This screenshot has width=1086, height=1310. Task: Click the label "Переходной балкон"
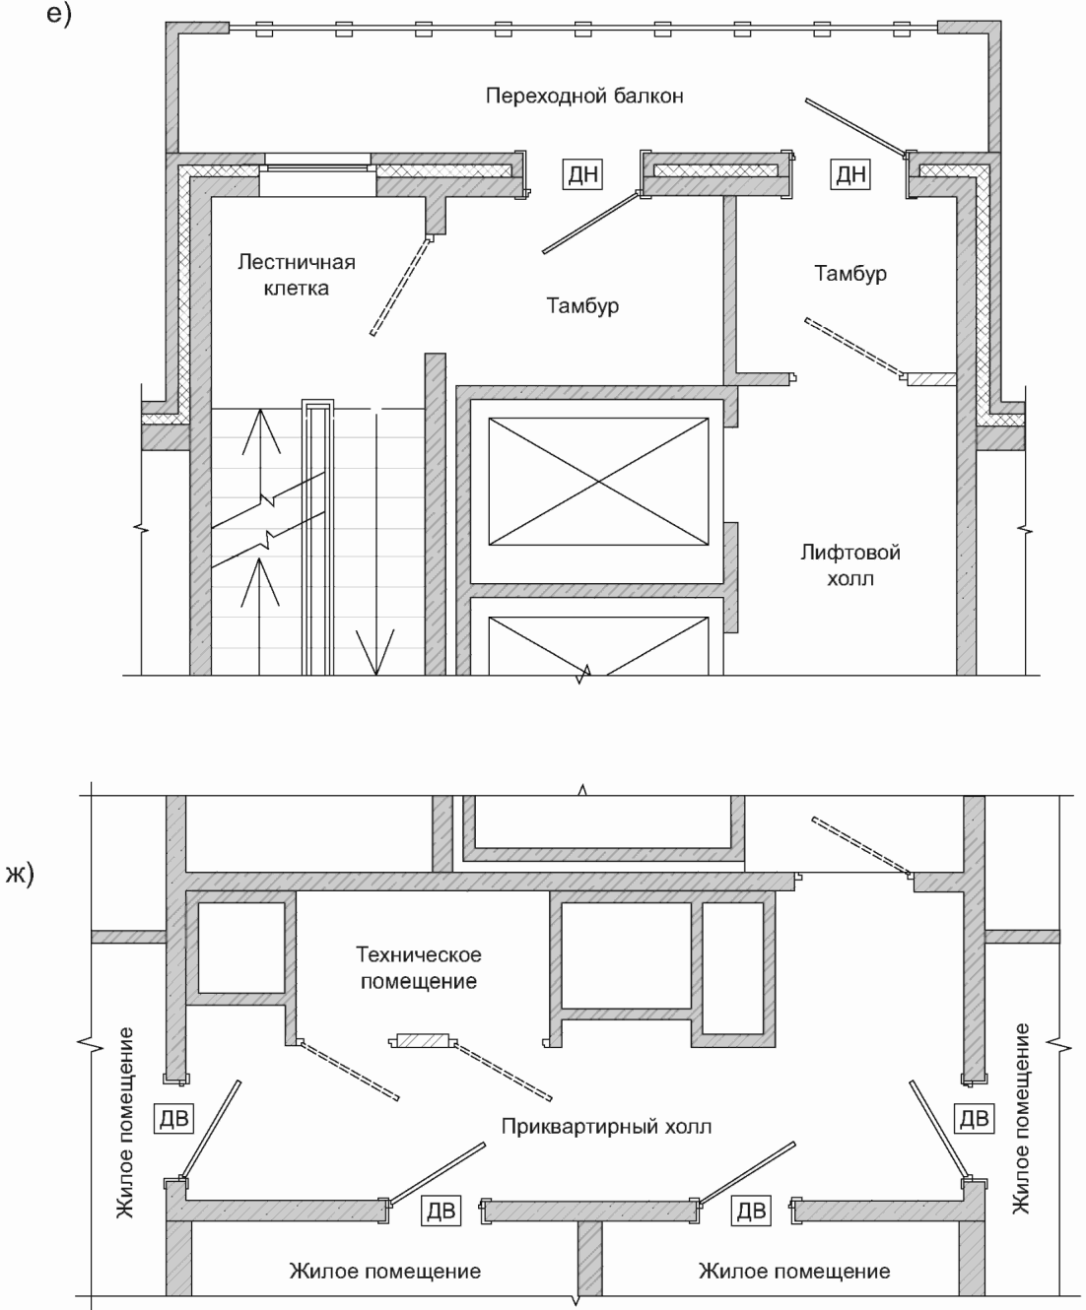coord(584,96)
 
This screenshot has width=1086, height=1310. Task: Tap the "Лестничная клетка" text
coord(297,275)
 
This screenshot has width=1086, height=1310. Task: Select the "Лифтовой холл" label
coord(849,564)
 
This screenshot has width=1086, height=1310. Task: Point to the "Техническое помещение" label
coord(419,967)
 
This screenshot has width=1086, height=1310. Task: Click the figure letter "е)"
coord(59,14)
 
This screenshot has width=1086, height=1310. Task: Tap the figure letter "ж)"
coord(20,874)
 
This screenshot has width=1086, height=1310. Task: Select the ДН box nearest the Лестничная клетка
coord(582,173)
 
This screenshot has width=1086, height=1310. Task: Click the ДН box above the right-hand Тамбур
coord(850,173)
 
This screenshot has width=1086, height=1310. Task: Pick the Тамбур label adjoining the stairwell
coord(582,305)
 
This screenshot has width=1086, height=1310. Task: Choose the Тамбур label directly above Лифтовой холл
coord(850,274)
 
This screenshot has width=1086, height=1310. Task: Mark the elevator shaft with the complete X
coord(599,482)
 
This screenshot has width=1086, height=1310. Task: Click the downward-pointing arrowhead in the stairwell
coord(375,652)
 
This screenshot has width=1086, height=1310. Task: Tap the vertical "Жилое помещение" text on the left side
coord(125,1123)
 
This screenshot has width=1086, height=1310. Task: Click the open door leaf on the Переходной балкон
coord(856,127)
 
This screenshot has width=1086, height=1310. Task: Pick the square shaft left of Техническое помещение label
coord(241,948)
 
